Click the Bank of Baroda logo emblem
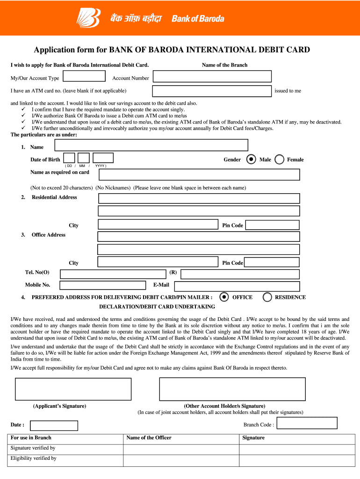click(88, 18)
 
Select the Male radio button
click(251, 160)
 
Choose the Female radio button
click(280, 160)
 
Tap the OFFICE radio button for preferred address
click(224, 297)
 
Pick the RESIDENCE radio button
click(267, 297)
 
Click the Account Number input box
click(212, 76)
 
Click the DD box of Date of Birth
click(69, 158)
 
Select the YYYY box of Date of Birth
click(103, 158)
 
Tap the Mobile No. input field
click(102, 285)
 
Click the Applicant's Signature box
click(73, 389)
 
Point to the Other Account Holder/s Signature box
click(232, 389)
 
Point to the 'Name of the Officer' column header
click(149, 438)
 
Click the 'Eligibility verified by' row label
click(34, 458)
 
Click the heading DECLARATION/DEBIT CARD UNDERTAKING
click(157, 307)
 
